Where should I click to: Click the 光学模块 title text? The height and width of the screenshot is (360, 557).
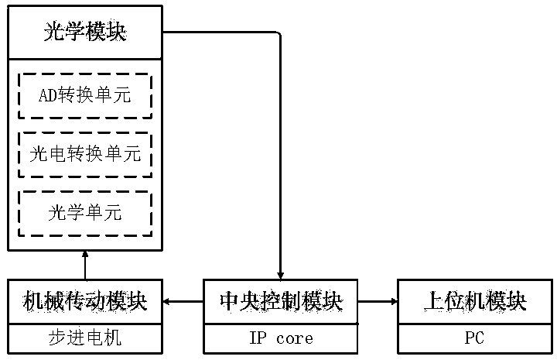(x=85, y=33)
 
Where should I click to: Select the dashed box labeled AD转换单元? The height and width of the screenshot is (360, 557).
(x=85, y=96)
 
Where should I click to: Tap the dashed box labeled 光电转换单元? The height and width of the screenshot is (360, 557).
(x=85, y=154)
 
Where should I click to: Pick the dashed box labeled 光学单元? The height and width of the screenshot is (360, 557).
(x=85, y=213)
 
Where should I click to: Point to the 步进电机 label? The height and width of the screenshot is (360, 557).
(x=85, y=338)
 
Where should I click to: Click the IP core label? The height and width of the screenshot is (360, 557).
(x=280, y=338)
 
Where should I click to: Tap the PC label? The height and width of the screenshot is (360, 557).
(x=475, y=338)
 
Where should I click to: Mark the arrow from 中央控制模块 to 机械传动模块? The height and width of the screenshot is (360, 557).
(x=183, y=302)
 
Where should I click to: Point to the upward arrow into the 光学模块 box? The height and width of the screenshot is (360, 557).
(x=85, y=265)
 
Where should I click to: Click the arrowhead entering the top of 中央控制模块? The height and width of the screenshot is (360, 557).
(x=280, y=275)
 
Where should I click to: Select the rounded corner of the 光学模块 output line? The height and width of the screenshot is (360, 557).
(x=277, y=35)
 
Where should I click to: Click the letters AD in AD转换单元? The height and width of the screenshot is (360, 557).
(x=47, y=96)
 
